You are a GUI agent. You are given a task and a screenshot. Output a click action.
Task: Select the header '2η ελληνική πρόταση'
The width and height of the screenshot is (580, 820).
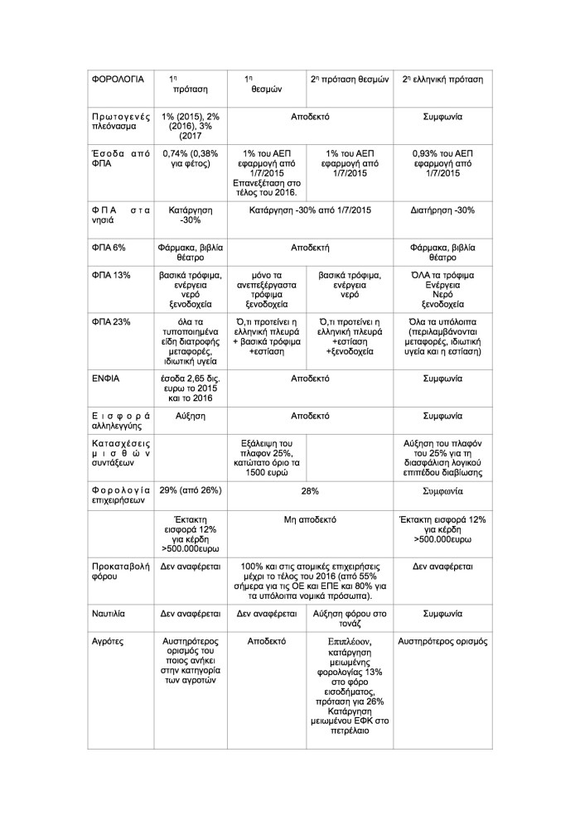tap(442, 79)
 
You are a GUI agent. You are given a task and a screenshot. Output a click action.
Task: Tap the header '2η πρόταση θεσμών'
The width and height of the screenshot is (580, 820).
tap(349, 79)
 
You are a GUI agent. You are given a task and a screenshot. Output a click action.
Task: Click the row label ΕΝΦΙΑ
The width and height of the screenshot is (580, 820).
tap(105, 378)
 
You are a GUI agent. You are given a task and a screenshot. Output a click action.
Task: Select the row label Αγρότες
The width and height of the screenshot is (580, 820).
tap(109, 641)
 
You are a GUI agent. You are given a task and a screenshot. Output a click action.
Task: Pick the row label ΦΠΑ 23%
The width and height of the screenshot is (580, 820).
tap(111, 321)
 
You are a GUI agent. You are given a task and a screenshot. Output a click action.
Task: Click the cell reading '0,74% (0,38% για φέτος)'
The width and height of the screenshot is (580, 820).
tap(191, 159)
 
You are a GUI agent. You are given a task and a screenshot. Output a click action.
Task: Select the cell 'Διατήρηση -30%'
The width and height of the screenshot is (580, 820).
tap(442, 210)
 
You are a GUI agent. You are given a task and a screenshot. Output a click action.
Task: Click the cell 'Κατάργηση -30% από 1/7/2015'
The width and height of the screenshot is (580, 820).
tap(308, 210)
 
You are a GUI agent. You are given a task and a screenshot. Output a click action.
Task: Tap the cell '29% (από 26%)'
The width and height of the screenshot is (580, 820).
tap(191, 490)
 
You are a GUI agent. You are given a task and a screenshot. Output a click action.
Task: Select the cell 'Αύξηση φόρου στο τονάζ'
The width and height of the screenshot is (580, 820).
tap(349, 620)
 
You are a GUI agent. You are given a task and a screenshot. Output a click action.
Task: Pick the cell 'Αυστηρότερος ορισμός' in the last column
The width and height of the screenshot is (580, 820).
tap(442, 641)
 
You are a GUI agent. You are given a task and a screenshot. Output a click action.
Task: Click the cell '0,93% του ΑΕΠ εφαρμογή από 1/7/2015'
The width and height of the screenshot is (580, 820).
tap(442, 164)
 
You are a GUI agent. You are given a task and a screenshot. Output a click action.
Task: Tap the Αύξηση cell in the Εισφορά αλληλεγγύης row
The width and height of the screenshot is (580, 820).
tap(191, 415)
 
